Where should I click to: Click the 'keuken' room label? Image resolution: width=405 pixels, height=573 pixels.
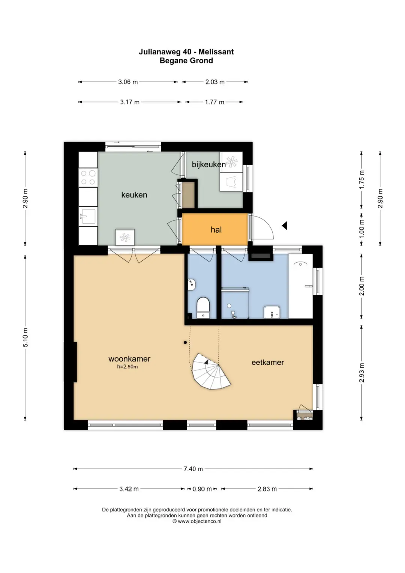click(x=134, y=195)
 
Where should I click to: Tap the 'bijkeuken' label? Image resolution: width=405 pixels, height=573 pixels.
click(x=208, y=164)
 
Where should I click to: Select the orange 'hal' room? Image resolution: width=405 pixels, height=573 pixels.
click(x=215, y=229)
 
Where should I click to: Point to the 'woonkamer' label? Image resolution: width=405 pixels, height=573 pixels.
click(x=129, y=359)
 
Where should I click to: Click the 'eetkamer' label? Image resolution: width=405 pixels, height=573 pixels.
click(x=268, y=362)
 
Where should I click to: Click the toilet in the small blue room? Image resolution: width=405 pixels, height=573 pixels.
click(x=203, y=308)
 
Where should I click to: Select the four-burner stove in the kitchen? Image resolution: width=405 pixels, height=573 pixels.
click(x=88, y=177)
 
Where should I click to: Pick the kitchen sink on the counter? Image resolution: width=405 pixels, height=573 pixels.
click(x=88, y=217)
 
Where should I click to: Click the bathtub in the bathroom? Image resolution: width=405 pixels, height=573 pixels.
click(x=300, y=286)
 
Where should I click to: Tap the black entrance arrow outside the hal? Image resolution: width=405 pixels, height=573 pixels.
click(x=284, y=226)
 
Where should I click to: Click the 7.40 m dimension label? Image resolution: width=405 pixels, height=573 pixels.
click(x=193, y=469)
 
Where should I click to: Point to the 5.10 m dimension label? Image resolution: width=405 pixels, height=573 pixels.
click(x=25, y=338)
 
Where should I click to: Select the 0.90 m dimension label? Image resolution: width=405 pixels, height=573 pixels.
click(x=202, y=489)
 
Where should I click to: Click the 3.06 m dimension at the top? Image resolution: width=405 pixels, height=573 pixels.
click(x=128, y=82)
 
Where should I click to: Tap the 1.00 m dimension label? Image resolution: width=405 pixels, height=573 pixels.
click(x=361, y=229)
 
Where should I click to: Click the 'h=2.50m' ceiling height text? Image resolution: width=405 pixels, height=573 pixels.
click(x=127, y=367)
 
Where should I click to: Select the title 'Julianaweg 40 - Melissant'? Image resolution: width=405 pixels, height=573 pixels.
click(x=186, y=52)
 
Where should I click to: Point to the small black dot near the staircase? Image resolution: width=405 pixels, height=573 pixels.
click(x=185, y=342)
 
